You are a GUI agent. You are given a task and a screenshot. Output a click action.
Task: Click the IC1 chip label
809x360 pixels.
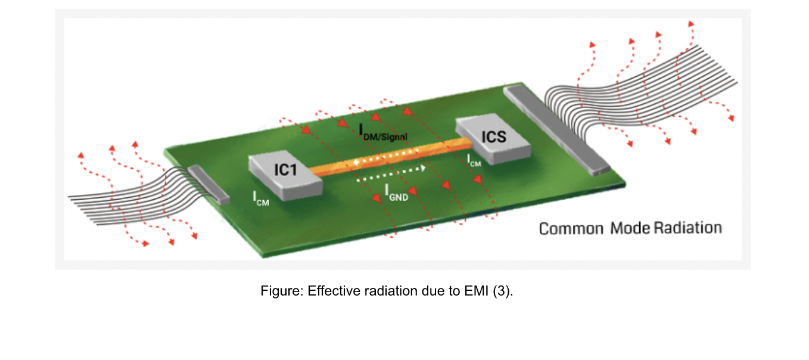coord(285,170)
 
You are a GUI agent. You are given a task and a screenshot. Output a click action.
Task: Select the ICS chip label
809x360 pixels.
coord(494,137)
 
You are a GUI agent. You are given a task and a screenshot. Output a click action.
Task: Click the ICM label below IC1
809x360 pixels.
coord(261,198)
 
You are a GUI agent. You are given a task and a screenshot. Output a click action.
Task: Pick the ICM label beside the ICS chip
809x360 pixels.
coord(474,159)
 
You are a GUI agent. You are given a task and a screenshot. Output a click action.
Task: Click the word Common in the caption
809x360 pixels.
coord(571,228)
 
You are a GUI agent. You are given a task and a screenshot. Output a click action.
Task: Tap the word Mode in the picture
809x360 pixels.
coord(629,228)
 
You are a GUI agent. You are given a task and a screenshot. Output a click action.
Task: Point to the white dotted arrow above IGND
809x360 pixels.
coord(391,173)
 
